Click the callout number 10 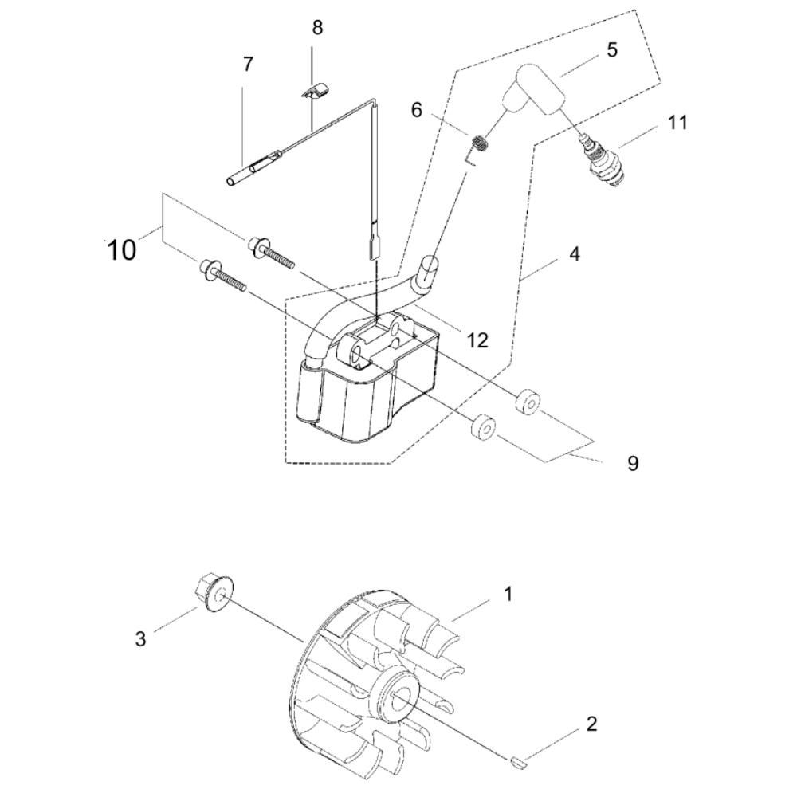[x=122, y=250]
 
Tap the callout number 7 [x=248, y=65]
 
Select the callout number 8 [x=317, y=27]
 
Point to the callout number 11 [x=677, y=123]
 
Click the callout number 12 [x=477, y=340]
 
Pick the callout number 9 [x=633, y=464]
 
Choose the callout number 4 [x=575, y=253]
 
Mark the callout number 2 [x=591, y=724]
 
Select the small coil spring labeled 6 [x=478, y=147]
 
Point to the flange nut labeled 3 [x=214, y=593]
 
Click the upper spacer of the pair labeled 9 [x=528, y=391]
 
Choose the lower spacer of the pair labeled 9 [x=484, y=428]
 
